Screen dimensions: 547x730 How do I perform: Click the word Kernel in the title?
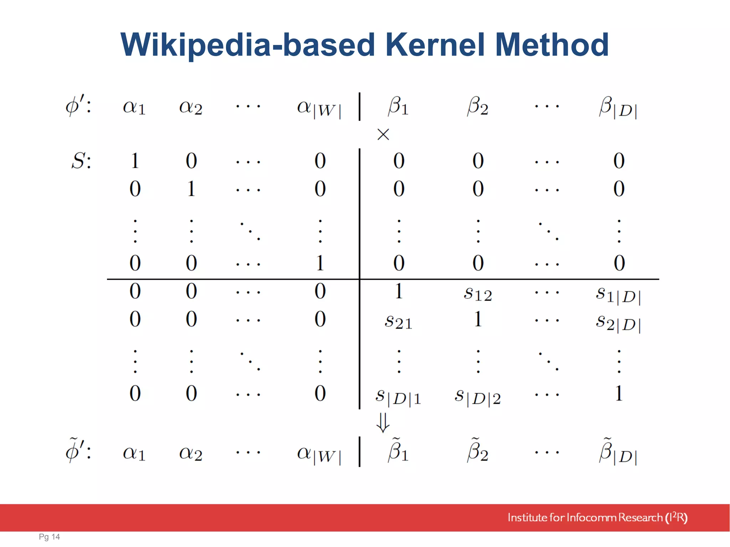(x=435, y=45)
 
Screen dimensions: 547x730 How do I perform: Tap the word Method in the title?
(x=552, y=45)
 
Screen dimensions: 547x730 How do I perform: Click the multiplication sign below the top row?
(x=383, y=135)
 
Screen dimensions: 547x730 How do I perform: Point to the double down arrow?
(x=383, y=422)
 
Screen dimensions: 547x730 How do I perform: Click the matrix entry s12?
(x=478, y=294)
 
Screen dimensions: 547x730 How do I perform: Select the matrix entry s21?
(x=398, y=322)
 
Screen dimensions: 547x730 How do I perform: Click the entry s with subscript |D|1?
(x=398, y=397)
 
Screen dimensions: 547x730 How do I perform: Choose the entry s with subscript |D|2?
(x=478, y=397)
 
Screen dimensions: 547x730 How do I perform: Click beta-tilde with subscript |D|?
(x=618, y=452)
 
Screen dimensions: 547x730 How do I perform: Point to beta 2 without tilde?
(x=478, y=106)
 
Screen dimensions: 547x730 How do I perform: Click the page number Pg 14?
(x=49, y=537)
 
